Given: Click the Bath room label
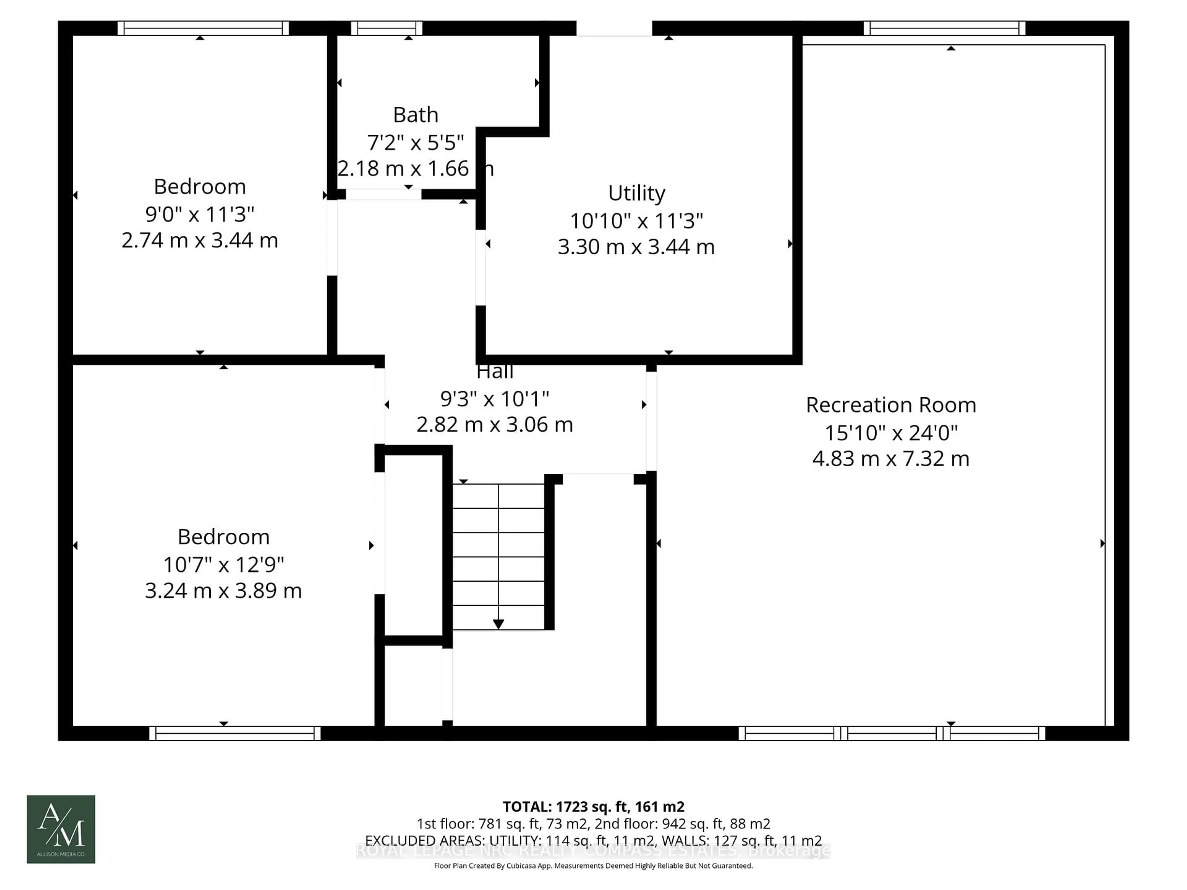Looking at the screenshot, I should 415,115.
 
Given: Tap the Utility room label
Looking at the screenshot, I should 636,193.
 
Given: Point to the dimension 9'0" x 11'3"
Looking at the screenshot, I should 200,214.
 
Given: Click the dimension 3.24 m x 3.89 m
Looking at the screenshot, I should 223,591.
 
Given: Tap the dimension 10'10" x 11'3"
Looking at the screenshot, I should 636,220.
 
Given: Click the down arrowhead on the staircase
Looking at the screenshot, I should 499,624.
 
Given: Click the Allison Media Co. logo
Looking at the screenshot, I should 61,829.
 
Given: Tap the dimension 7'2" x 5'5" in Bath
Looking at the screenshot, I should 415,143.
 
